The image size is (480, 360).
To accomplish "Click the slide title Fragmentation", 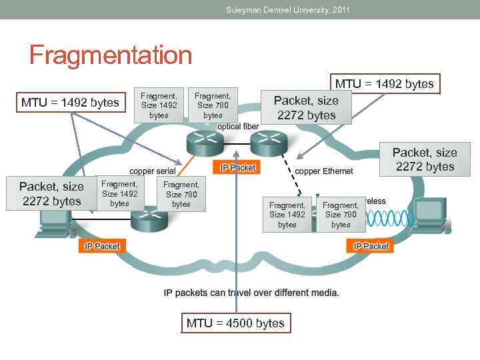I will [x=111, y=55].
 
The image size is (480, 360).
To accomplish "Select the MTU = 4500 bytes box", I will [x=235, y=323].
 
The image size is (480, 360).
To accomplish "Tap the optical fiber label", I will [x=239, y=127].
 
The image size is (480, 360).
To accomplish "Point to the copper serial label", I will [x=152, y=171].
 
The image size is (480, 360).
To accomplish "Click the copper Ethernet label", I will [x=324, y=171].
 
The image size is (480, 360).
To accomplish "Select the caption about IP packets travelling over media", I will [x=251, y=293].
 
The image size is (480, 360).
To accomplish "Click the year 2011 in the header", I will [x=340, y=10].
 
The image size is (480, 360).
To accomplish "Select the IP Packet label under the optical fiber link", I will [x=237, y=168].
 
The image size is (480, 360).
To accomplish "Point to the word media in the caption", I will [x=325, y=293].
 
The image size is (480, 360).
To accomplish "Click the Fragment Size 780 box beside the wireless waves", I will [x=341, y=215].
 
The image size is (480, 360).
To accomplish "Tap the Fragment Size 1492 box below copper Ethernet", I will [x=287, y=215].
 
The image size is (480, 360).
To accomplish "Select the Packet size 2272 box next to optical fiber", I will [x=306, y=107].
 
